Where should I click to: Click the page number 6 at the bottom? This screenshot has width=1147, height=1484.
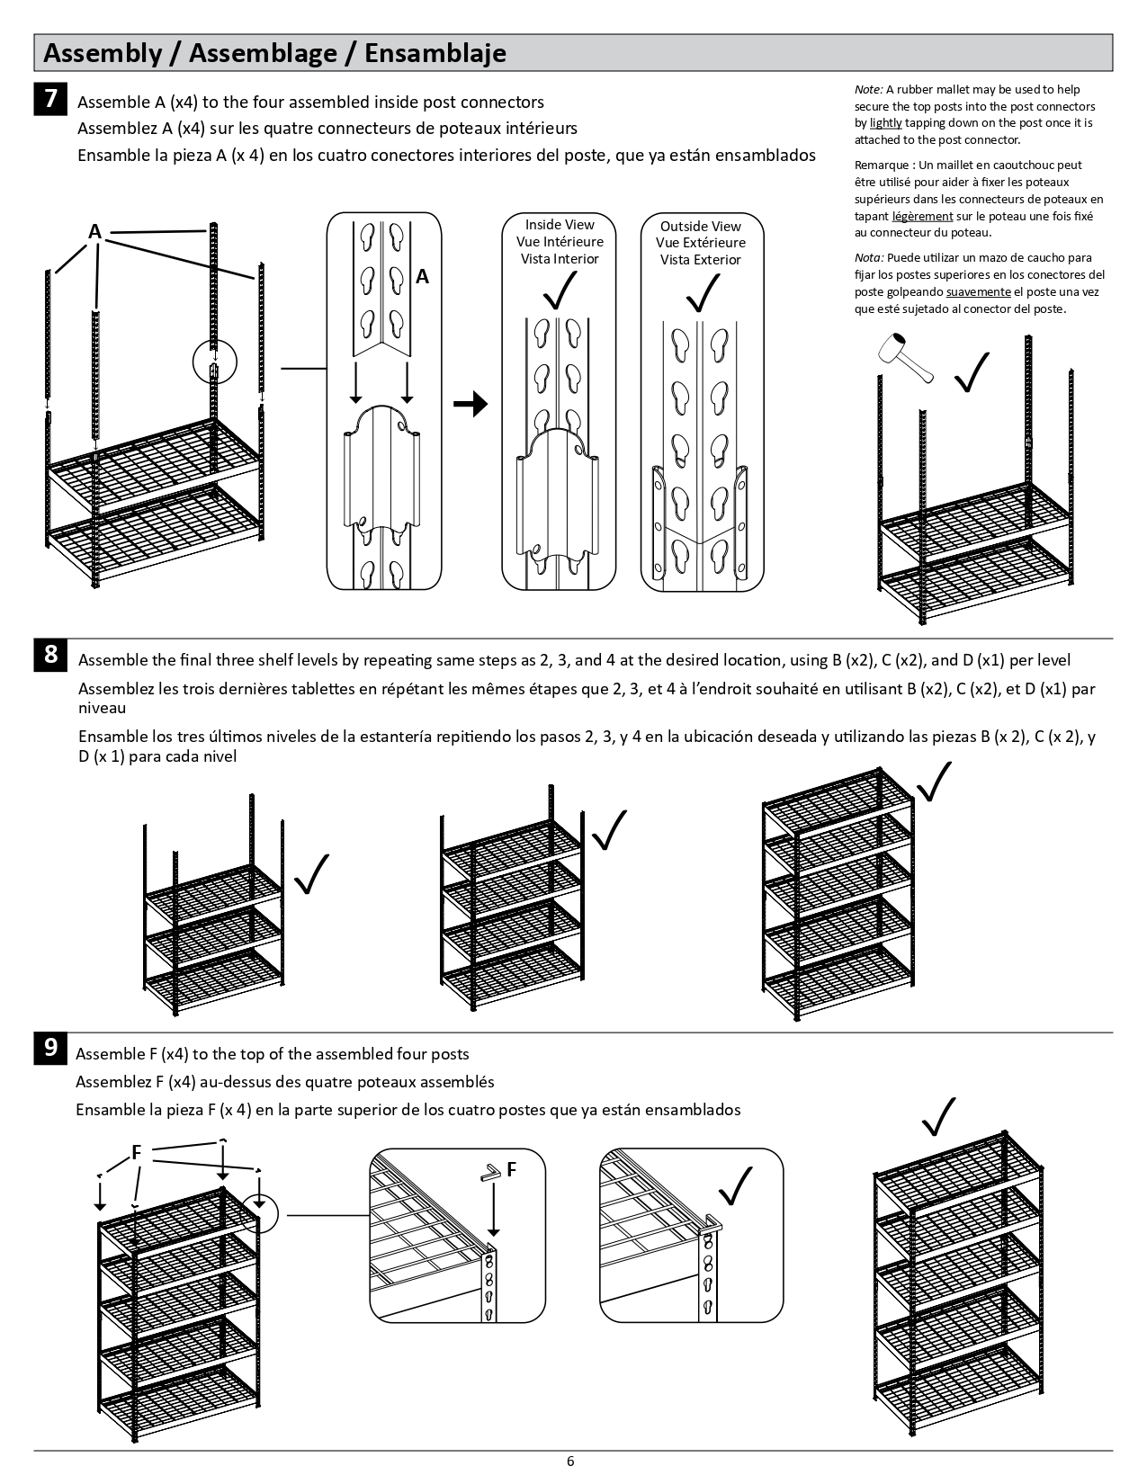570,1461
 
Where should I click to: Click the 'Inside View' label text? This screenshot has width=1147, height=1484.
560,225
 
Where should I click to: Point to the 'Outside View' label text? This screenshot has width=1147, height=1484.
700,227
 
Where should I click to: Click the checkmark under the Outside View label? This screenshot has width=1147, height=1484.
701,291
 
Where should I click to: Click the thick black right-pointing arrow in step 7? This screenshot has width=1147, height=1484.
470,405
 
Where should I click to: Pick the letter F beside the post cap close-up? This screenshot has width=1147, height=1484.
511,1169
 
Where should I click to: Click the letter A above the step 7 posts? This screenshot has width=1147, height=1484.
94,232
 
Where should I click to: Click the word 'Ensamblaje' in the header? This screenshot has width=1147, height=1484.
435,53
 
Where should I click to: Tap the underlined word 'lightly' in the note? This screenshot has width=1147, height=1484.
885,123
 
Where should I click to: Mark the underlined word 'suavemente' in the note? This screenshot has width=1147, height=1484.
978,292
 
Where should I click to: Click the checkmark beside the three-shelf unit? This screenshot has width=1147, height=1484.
311,873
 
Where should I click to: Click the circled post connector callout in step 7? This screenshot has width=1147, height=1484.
214,365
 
